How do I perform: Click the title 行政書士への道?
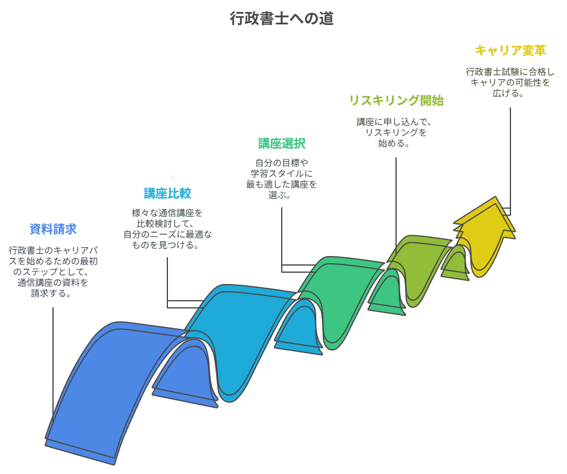pos(281,18)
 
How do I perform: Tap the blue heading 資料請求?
pos(53,229)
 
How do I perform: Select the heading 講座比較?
pos(167,194)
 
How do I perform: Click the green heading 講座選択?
pos(282,144)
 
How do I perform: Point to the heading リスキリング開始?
pos(396,101)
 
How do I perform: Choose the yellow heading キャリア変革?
pos(510,50)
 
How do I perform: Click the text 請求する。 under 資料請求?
pos(53,293)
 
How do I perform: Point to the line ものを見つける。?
pos(167,245)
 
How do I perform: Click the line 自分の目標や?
pos(282,163)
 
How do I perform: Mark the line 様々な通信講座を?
pos(167,213)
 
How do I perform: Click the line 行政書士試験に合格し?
pos(510,71)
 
